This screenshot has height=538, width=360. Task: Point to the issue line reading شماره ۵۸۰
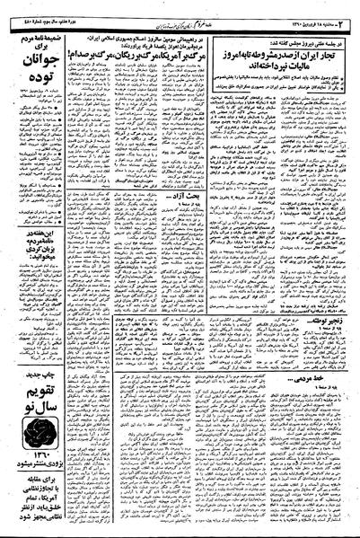27,8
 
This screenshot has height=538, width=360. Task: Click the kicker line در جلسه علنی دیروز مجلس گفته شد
285,26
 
